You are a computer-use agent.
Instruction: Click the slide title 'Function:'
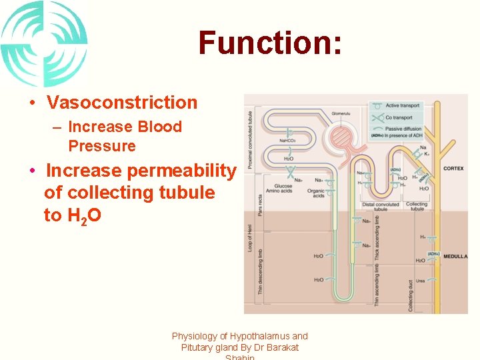270,43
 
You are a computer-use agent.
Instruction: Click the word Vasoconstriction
122,103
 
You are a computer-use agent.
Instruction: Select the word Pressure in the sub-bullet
101,146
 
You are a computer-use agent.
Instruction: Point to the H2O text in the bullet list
83,216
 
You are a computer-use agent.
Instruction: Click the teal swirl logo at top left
43,43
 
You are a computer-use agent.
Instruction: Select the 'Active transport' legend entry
403,105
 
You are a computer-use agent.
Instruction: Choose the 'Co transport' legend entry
399,117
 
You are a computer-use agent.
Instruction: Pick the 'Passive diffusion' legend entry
403,129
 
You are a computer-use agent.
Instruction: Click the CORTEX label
453,169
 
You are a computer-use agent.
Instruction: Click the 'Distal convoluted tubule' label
380,207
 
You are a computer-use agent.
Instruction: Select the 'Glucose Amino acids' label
283,189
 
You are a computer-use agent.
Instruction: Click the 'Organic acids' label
316,193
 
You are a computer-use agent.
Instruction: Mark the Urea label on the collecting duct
420,281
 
